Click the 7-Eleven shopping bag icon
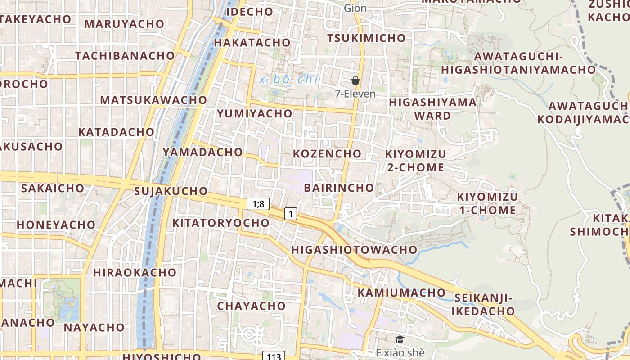(x=355, y=81)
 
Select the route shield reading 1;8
(x=258, y=204)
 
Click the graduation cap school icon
(x=400, y=340)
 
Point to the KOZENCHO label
(x=327, y=154)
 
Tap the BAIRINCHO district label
(x=339, y=188)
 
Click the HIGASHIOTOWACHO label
(x=354, y=250)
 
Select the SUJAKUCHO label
(x=171, y=191)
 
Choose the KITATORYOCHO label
(x=220, y=223)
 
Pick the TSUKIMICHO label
(x=366, y=38)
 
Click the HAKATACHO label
(x=252, y=42)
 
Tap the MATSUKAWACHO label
(x=153, y=100)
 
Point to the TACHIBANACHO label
(x=125, y=56)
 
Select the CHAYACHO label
(x=251, y=306)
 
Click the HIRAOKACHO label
(x=135, y=273)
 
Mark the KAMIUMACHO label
(x=401, y=293)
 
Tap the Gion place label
(x=355, y=8)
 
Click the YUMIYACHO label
(x=255, y=114)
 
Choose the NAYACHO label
(x=94, y=327)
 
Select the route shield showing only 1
(x=291, y=214)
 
